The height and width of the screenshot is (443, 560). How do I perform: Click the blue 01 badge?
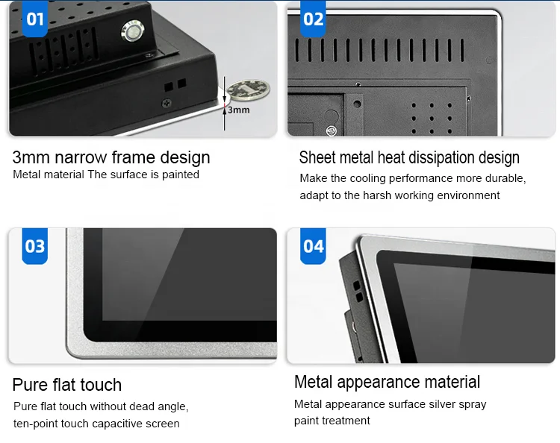(35, 18)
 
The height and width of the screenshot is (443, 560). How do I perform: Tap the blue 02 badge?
(314, 18)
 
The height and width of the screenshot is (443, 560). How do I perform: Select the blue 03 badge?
(35, 246)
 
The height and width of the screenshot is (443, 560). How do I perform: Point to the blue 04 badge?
(314, 246)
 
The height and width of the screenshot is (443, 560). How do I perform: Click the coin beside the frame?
(248, 89)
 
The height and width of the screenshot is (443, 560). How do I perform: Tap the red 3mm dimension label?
(238, 110)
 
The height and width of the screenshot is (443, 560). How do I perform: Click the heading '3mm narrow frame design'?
(111, 157)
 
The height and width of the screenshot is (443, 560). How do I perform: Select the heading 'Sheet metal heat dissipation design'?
(409, 157)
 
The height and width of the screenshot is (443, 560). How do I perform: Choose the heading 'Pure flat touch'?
(67, 385)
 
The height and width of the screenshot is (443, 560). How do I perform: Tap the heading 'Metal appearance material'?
(388, 382)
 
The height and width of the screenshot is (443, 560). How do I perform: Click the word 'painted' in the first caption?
(181, 175)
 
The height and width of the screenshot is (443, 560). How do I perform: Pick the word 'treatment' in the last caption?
(346, 421)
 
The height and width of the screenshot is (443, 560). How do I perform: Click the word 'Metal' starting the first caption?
(27, 175)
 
